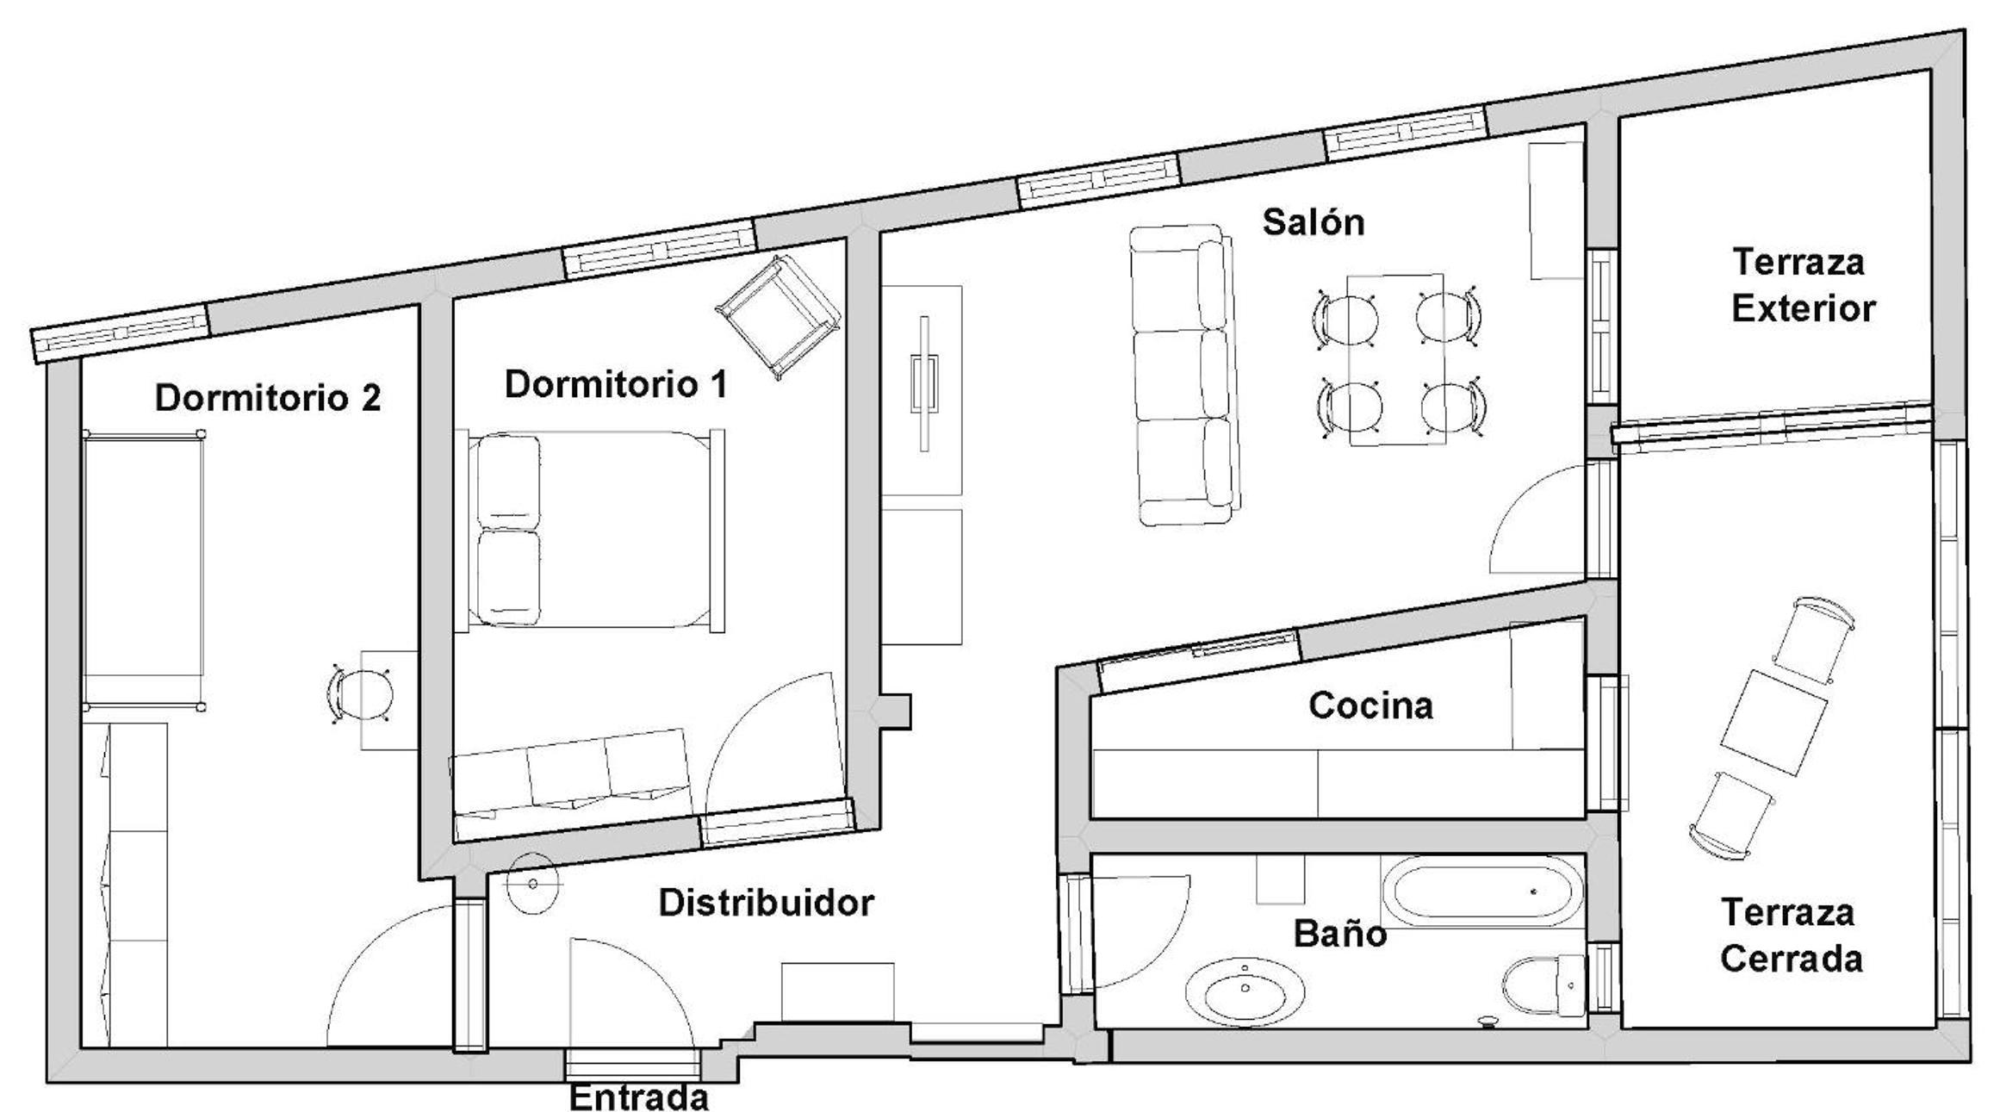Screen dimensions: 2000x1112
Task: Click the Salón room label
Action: pyautogui.click(x=1314, y=222)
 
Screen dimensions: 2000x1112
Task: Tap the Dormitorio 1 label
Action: pyautogui.click(x=616, y=384)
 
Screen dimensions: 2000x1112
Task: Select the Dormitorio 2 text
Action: pyautogui.click(x=268, y=398)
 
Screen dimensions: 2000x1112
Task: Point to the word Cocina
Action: pyautogui.click(x=1371, y=705)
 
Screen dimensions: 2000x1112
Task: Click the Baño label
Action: pyautogui.click(x=1340, y=933)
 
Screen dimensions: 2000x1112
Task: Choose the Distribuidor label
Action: pyautogui.click(x=767, y=903)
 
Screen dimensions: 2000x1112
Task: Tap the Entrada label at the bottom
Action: pyautogui.click(x=639, y=1097)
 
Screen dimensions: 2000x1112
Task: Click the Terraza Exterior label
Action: pyautogui.click(x=1803, y=285)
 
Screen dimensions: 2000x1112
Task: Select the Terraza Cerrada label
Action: pyautogui.click(x=1792, y=935)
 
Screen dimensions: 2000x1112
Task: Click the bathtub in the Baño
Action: pyautogui.click(x=1482, y=892)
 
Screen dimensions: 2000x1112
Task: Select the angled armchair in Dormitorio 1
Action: pyautogui.click(x=778, y=317)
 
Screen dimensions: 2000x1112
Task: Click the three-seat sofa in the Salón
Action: pyautogui.click(x=1186, y=375)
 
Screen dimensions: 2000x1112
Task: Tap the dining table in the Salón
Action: pyautogui.click(x=1396, y=359)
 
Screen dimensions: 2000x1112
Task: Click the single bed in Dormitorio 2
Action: pyautogui.click(x=144, y=569)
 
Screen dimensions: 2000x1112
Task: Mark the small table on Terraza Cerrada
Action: pyautogui.click(x=1774, y=724)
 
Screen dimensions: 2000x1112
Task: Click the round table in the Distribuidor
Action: pyautogui.click(x=533, y=884)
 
